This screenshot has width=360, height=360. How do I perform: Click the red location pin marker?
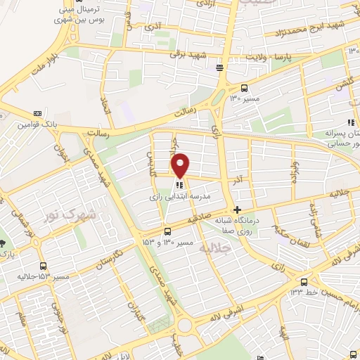(180, 165)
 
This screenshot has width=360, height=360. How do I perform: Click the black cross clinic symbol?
(238, 210)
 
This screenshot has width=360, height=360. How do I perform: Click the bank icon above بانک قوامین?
(37, 113)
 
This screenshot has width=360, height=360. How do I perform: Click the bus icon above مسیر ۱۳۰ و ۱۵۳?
(167, 231)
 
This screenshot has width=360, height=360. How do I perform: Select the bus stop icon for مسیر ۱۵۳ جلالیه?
(44, 266)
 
